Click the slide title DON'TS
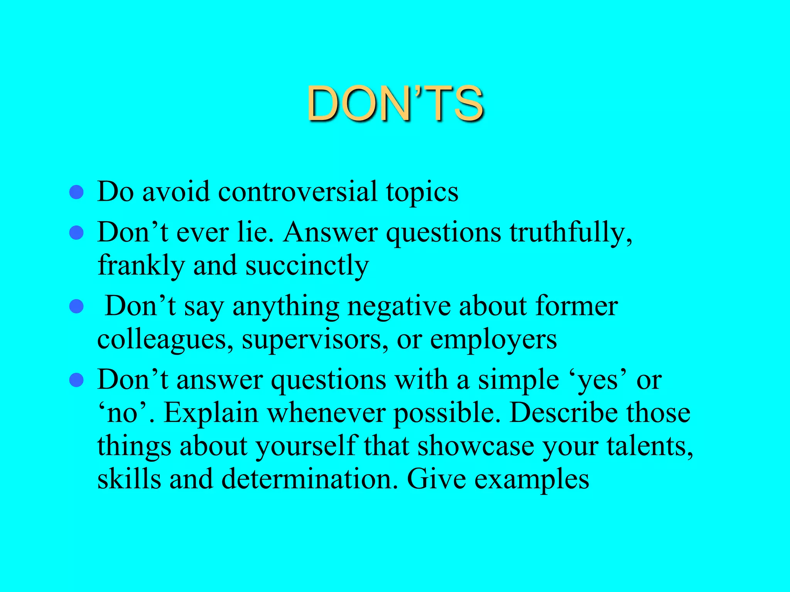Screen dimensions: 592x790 pos(395,103)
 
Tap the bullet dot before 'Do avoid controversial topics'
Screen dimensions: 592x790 pos(76,192)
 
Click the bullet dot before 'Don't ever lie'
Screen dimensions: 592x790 pos(76,233)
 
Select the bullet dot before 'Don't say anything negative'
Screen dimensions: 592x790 pos(76,307)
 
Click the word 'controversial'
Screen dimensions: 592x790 pos(297,191)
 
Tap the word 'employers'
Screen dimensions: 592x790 pos(493,340)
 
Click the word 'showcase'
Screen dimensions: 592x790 pos(476,446)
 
